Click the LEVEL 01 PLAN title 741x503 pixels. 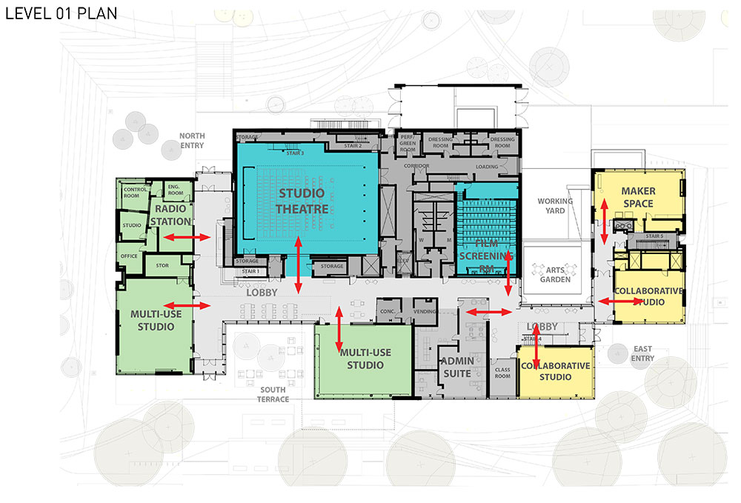point(61,13)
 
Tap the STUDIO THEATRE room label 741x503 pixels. point(301,201)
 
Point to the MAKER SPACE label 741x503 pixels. point(638,197)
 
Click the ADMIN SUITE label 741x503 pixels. point(456,367)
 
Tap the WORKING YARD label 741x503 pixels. point(555,206)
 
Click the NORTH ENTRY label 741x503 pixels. point(192,140)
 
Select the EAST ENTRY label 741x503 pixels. point(642,353)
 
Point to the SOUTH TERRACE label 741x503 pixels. point(274,394)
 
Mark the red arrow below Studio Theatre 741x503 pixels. point(299,264)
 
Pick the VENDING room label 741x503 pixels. point(425,311)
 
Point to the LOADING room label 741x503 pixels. point(487,167)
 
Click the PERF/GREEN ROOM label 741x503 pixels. point(408,143)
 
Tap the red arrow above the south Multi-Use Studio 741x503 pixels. point(339,328)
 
